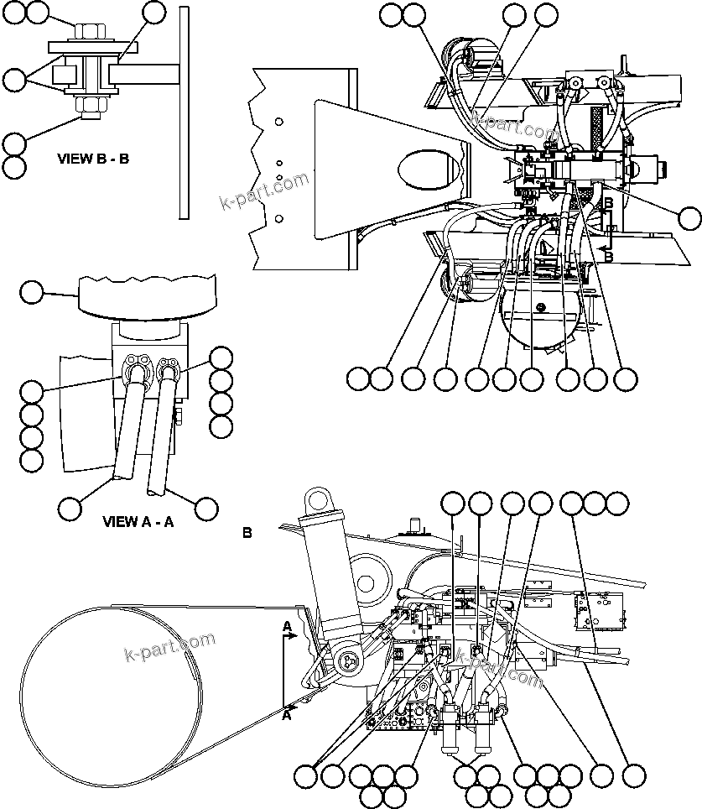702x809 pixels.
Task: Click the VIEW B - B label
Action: [x=92, y=158]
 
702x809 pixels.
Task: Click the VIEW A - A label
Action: [x=138, y=521]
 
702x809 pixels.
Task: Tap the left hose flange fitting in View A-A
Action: [x=135, y=370]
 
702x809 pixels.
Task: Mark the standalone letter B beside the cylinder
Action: [x=247, y=532]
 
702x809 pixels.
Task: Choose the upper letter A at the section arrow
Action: [x=287, y=627]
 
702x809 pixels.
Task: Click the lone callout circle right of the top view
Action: [x=689, y=218]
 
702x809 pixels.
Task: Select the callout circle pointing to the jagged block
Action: [x=31, y=292]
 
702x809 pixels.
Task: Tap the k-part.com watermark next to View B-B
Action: [x=263, y=193]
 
